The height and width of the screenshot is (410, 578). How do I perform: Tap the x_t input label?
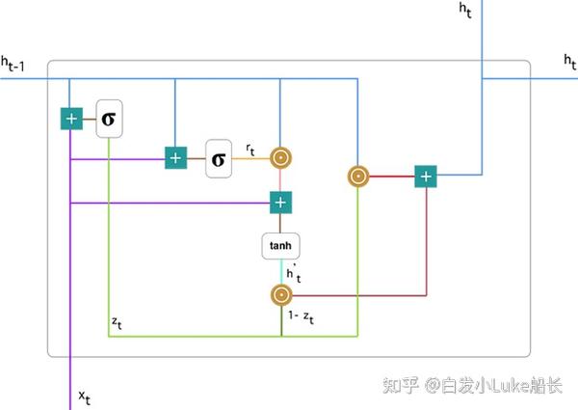pyautogui.click(x=85, y=396)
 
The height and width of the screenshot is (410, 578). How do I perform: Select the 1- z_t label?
pyautogui.click(x=303, y=315)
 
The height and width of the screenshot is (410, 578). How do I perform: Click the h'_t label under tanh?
pyautogui.click(x=292, y=274)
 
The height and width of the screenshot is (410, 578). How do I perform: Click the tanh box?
pyautogui.click(x=280, y=245)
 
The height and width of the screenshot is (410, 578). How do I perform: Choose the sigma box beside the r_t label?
pyautogui.click(x=219, y=158)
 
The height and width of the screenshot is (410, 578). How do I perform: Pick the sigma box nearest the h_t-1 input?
pyautogui.click(x=109, y=119)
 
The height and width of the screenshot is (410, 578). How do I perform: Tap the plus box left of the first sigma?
pyautogui.click(x=71, y=119)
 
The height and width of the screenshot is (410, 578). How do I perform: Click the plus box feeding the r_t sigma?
pyautogui.click(x=174, y=157)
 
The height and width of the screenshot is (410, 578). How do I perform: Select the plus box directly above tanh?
pyautogui.click(x=280, y=203)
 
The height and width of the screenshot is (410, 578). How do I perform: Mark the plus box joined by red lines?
pyautogui.click(x=426, y=177)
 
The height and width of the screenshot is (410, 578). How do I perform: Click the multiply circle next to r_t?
pyautogui.click(x=280, y=157)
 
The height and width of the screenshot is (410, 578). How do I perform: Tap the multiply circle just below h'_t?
pyautogui.click(x=280, y=295)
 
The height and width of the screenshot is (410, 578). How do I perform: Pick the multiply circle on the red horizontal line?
pyautogui.click(x=357, y=177)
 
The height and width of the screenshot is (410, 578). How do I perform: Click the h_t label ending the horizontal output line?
pyautogui.click(x=569, y=61)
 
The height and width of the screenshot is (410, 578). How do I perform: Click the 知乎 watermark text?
pyautogui.click(x=400, y=386)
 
